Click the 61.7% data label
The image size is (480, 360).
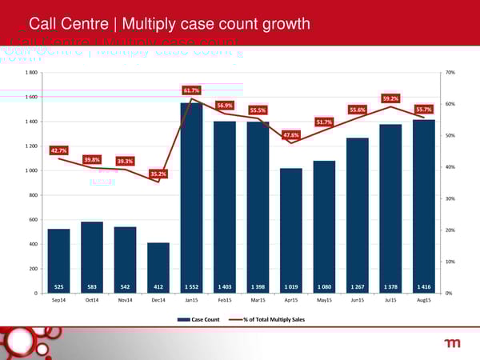coord(191,90)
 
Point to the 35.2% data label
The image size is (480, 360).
coord(158,174)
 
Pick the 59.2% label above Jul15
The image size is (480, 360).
coord(391,98)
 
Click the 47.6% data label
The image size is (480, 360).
coord(291,135)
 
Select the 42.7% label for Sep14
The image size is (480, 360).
coord(58,150)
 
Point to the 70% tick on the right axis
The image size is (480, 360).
coord(450,73)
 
